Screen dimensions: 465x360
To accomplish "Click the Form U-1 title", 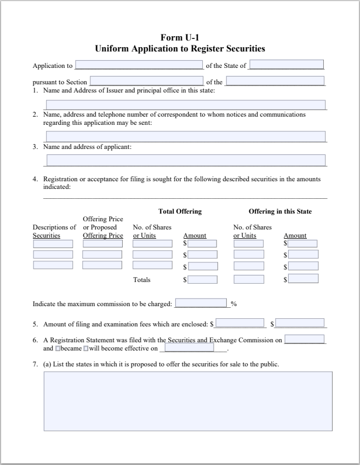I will click(x=180, y=37).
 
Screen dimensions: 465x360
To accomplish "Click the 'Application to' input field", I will click(x=139, y=65).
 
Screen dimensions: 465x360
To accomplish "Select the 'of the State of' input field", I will click(x=286, y=65).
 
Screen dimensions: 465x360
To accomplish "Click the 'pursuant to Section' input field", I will click(x=146, y=82).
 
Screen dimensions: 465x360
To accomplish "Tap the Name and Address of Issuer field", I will click(x=186, y=105).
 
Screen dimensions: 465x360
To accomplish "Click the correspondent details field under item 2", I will click(x=186, y=136).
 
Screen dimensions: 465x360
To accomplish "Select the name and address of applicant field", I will click(x=186, y=160).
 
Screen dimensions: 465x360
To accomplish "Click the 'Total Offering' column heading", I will click(x=180, y=211).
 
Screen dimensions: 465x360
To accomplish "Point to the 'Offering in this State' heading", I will click(x=280, y=211).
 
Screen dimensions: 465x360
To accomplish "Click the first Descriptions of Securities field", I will click(x=53, y=244).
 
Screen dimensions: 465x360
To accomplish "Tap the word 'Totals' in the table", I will click(x=141, y=280).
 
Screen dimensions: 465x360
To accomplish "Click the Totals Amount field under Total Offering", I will click(x=202, y=279).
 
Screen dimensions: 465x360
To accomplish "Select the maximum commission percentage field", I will click(x=201, y=303).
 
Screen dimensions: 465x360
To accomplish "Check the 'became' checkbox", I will click(x=58, y=348).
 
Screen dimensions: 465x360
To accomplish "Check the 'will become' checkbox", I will click(x=85, y=348).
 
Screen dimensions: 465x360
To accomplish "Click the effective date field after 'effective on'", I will click(x=190, y=348).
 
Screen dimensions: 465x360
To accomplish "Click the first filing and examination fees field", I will click(x=240, y=323).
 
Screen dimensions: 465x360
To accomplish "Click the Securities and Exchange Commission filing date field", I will click(x=305, y=339).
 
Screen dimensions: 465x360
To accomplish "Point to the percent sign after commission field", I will click(x=233, y=304).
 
